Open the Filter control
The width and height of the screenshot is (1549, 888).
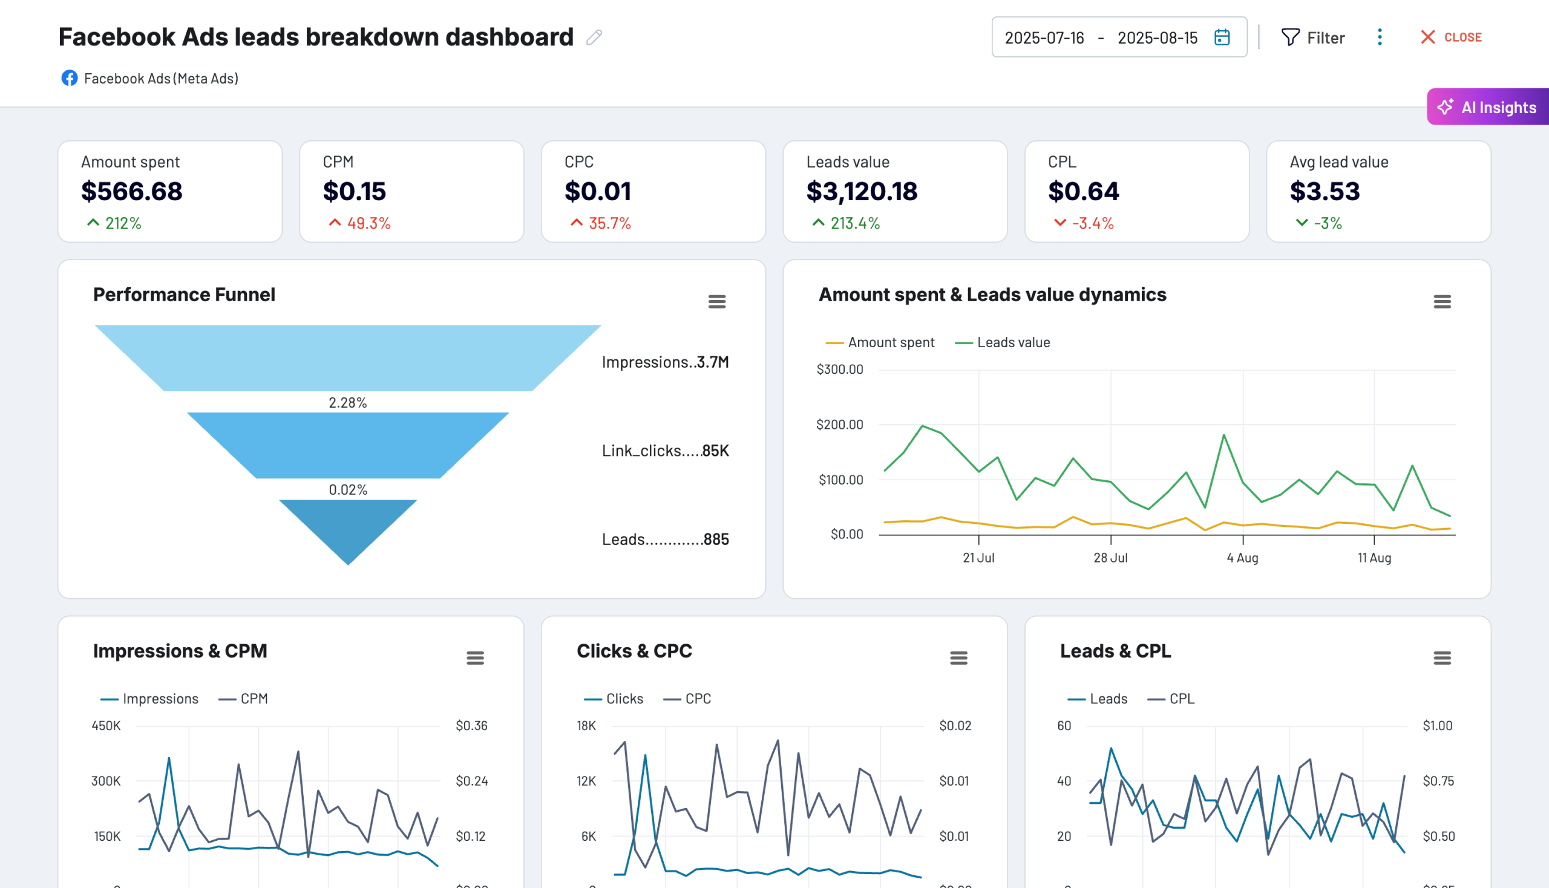pyautogui.click(x=1312, y=38)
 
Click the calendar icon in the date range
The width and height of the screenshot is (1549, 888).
pyautogui.click(x=1222, y=38)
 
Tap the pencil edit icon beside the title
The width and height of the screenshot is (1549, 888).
pyautogui.click(x=594, y=38)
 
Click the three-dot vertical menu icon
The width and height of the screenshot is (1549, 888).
pyautogui.click(x=1380, y=38)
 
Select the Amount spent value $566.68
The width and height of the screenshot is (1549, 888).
pyautogui.click(x=132, y=192)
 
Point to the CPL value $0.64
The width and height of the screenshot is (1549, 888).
pyautogui.click(x=1084, y=192)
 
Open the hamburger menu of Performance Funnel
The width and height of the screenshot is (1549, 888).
pyautogui.click(x=717, y=301)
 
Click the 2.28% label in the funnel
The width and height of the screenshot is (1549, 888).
pyautogui.click(x=348, y=402)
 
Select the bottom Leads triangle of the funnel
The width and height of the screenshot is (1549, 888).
pyautogui.click(x=348, y=525)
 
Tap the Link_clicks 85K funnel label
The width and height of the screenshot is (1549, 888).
pyautogui.click(x=665, y=451)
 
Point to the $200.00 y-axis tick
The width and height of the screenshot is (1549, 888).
pyautogui.click(x=839, y=425)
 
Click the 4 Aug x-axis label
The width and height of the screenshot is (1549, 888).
pyautogui.click(x=1242, y=558)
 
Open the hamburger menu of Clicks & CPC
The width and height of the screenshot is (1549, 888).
pyautogui.click(x=958, y=658)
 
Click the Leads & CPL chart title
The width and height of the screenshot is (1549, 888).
pyautogui.click(x=1115, y=651)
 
